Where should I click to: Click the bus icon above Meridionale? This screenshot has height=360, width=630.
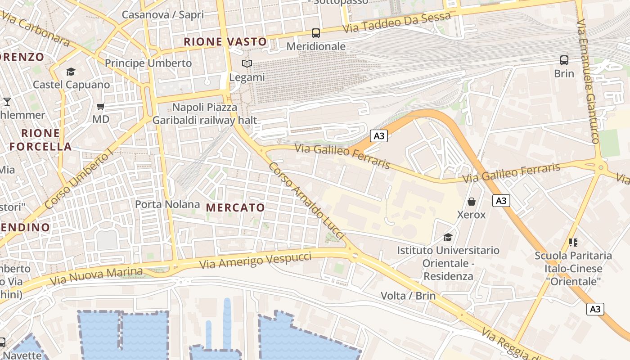(x=316, y=33)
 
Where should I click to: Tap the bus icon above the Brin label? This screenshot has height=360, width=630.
(x=564, y=60)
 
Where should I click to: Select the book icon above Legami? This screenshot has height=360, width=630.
(x=247, y=64)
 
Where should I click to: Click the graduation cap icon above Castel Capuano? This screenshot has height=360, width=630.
(x=71, y=72)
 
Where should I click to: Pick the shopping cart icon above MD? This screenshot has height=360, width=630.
(x=100, y=107)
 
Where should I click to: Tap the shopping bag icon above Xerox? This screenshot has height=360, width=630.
(x=471, y=201)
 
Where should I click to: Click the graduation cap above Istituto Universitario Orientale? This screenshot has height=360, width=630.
(x=448, y=237)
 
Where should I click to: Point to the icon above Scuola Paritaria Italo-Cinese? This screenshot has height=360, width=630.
(x=573, y=243)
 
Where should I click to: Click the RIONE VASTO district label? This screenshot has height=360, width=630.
(x=225, y=42)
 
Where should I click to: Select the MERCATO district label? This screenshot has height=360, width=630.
(x=235, y=207)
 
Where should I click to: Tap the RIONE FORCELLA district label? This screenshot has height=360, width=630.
(x=40, y=139)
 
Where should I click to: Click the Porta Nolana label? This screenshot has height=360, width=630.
(x=167, y=204)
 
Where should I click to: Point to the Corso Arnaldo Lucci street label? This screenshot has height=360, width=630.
(x=306, y=200)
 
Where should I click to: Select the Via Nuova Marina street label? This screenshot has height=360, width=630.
(x=96, y=276)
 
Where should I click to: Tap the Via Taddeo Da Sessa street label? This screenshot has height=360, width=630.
(x=396, y=22)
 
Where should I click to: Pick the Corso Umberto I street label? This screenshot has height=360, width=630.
(x=80, y=180)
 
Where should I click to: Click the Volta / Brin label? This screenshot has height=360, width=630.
(x=408, y=296)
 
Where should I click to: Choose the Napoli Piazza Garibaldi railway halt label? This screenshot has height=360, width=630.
(x=205, y=114)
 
